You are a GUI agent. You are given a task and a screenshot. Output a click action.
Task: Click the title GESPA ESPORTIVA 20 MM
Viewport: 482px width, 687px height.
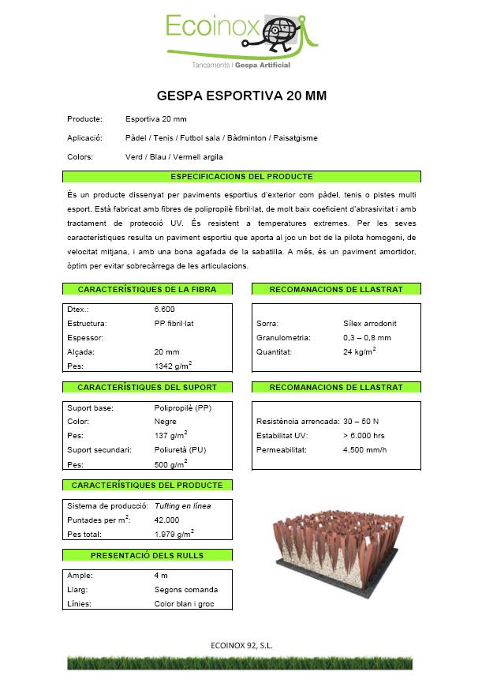click(241, 96)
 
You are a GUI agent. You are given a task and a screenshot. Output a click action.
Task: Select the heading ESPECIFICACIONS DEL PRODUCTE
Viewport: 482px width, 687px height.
click(241, 176)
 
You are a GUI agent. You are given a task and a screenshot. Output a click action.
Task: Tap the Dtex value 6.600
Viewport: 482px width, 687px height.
click(165, 310)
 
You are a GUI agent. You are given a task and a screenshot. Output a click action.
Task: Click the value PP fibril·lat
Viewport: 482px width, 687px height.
click(175, 324)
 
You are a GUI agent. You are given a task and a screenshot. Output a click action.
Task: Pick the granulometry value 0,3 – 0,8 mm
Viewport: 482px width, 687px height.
click(367, 338)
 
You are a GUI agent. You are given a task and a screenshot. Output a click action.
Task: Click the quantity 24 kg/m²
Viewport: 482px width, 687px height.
click(359, 351)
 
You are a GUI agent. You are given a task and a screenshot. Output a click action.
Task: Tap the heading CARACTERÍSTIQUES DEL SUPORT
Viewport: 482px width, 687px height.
click(147, 388)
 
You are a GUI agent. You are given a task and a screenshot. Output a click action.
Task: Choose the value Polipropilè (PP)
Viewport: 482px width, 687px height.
click(183, 408)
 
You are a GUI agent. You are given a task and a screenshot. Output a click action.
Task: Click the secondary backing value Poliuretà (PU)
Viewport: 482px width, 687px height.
click(181, 450)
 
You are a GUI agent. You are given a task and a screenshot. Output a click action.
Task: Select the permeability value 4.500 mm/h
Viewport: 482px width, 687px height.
click(365, 450)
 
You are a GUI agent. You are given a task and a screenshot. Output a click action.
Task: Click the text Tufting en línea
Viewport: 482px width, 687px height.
click(183, 505)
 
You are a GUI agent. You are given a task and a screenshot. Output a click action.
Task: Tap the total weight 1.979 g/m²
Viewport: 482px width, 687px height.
click(174, 534)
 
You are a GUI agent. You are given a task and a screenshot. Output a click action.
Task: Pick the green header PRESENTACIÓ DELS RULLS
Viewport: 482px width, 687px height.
click(147, 555)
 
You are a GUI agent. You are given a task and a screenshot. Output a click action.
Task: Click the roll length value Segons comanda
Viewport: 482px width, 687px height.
click(186, 590)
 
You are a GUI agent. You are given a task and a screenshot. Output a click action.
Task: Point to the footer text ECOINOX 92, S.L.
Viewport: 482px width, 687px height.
click(242, 645)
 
